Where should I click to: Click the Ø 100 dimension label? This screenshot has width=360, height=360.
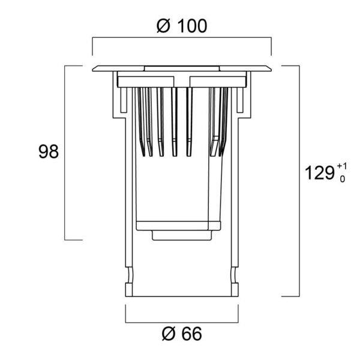tap(182, 26)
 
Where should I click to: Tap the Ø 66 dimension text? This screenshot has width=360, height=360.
tap(182, 334)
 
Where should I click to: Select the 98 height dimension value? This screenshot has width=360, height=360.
tap(49, 152)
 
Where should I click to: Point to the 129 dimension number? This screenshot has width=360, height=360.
tap(319, 173)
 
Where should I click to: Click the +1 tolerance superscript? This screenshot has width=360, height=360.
tap(342, 166)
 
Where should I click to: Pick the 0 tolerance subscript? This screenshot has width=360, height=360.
tap(343, 179)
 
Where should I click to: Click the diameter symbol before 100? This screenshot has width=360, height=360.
tap(163, 26)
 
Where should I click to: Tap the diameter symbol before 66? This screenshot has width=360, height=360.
tap(169, 334)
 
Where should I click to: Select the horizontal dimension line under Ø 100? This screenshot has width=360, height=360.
tap(182, 37)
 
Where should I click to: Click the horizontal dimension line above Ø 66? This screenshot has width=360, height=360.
tap(182, 322)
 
